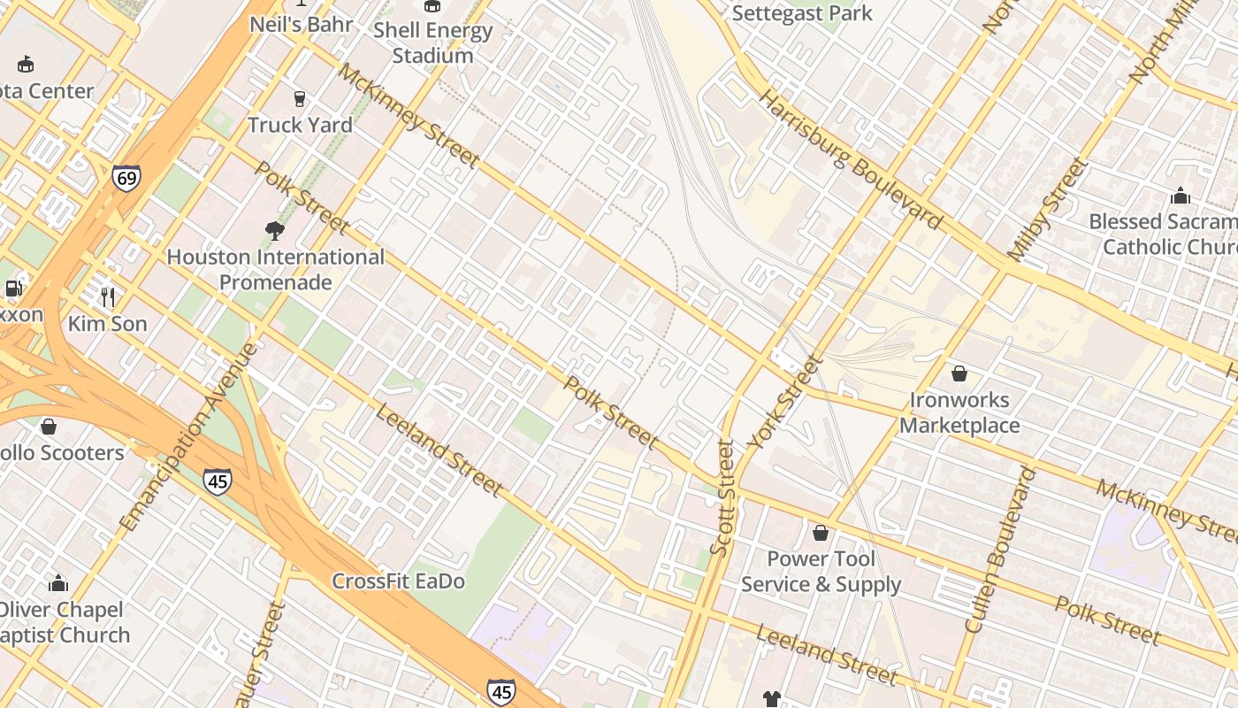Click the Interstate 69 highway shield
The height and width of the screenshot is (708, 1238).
[126, 179]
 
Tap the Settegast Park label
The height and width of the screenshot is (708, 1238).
[802, 13]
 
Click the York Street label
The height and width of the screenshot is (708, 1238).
[784, 403]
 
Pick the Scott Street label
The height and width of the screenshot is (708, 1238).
[722, 498]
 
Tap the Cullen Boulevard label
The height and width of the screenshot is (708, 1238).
[1000, 550]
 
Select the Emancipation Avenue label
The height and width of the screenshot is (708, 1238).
[187, 437]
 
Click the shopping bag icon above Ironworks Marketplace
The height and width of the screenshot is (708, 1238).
[959, 373]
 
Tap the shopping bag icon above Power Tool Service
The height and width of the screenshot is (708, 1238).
[821, 533]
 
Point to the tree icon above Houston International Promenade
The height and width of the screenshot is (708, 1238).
[275, 231]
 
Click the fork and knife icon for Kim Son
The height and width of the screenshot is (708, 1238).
[108, 296]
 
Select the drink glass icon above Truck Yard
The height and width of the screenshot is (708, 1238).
[300, 98]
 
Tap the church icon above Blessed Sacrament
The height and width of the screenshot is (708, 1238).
[1180, 196]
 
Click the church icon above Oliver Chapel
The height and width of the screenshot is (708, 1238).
[58, 583]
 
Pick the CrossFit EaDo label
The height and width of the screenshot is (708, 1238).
[398, 581]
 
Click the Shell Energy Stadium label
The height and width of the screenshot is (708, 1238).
[432, 42]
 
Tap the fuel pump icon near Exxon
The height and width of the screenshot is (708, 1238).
[13, 288]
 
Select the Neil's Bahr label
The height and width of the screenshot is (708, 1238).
[302, 24]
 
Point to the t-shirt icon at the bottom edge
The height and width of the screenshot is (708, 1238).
[772, 699]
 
